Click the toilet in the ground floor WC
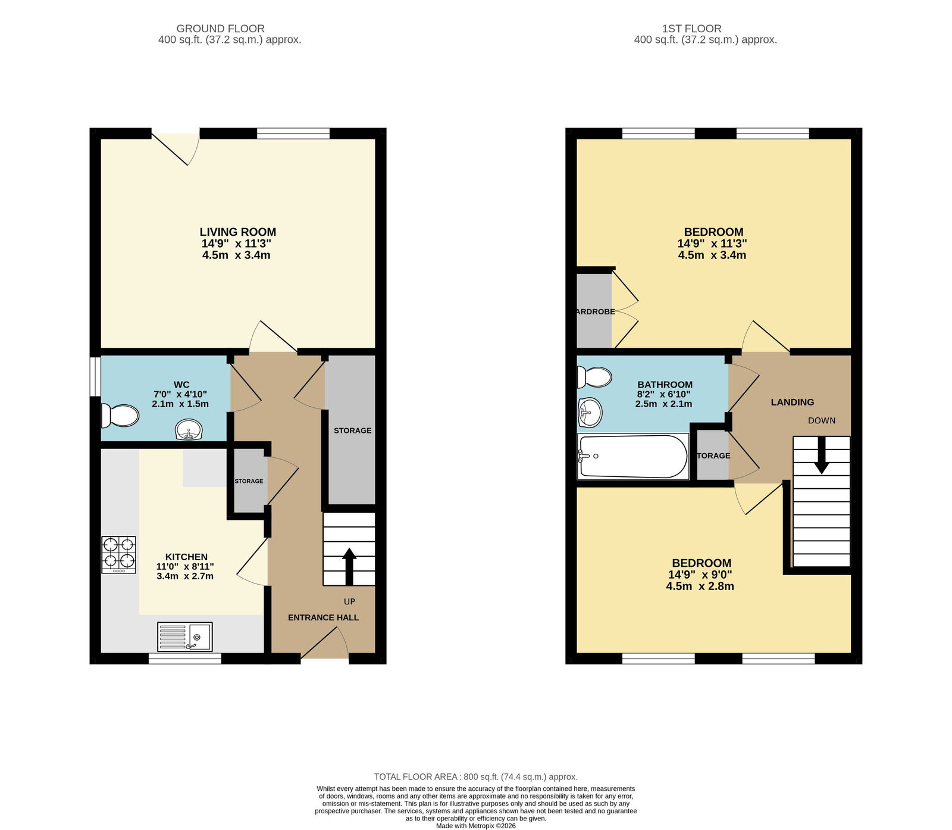120,416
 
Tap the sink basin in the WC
189,430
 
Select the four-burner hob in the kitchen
119,555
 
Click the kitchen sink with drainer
185,637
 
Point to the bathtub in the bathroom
633,457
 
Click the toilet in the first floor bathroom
594,377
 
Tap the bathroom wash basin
590,412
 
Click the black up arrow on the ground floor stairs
349,566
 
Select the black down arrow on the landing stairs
821,455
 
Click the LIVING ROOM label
238,232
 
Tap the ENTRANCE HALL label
323,617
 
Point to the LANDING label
793,402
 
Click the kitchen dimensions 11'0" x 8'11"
185,567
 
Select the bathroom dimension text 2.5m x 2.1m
663,404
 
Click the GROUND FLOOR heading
221,29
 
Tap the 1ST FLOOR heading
692,29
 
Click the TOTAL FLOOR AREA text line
476,777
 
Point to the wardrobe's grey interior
594,311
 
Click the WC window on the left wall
95,376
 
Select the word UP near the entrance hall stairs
349,602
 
